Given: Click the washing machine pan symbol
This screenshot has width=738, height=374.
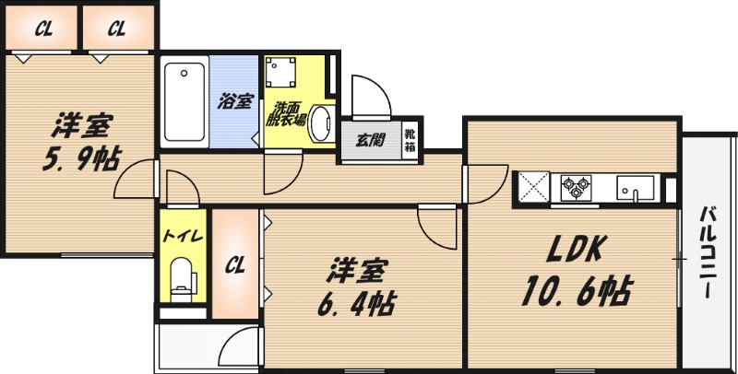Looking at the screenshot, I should (x=280, y=73).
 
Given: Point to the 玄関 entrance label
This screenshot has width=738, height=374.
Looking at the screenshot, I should (x=371, y=141).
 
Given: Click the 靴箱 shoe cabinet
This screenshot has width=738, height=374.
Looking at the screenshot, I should (x=411, y=141).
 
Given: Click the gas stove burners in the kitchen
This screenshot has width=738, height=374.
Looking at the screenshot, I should (x=575, y=188).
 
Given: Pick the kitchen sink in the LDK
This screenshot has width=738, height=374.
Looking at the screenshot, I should (x=637, y=190).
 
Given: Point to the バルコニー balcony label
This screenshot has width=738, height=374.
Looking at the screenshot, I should (x=705, y=251).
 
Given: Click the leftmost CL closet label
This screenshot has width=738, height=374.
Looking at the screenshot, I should (x=43, y=29).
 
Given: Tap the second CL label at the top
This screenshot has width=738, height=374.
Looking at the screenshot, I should (x=116, y=29).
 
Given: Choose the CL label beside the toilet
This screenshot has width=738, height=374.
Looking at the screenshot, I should (x=237, y=266).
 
